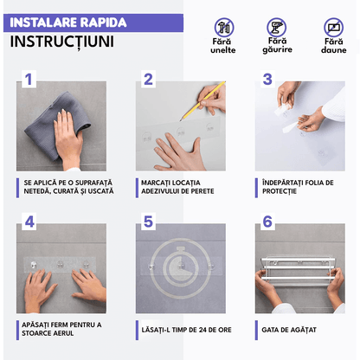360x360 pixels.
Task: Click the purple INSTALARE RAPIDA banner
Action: [x=67, y=22]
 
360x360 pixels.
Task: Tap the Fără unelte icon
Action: [x=225, y=27]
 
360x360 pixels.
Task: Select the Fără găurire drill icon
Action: [x=277, y=27]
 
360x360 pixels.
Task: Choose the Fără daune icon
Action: [x=333, y=27]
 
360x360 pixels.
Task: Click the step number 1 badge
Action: [x=29, y=80]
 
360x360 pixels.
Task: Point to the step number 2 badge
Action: [x=148, y=80]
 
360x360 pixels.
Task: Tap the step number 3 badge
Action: [x=267, y=80]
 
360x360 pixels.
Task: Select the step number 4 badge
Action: [x=29, y=222]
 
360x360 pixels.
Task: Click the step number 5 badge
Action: [x=148, y=222]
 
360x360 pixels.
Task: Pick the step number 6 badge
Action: [x=267, y=222]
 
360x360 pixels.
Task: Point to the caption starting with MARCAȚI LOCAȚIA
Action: [x=177, y=187]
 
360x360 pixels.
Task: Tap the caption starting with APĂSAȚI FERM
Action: [x=55, y=329]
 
